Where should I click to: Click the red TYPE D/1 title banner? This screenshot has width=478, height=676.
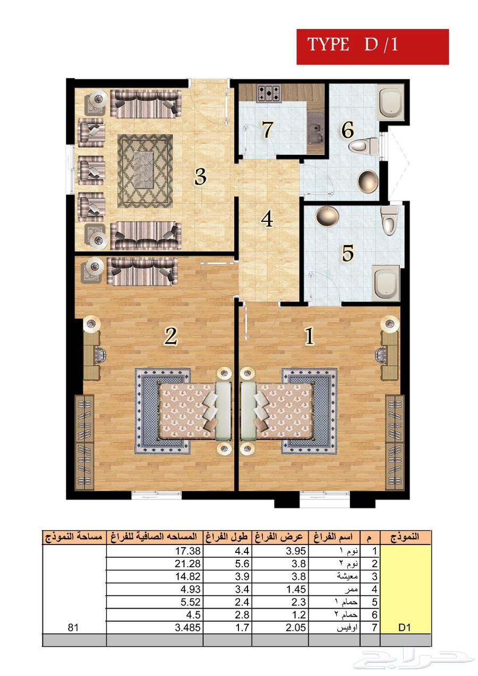click(372, 47)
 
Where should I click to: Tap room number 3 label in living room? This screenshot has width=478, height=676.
click(200, 177)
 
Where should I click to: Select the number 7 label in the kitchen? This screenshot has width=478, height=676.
click(267, 129)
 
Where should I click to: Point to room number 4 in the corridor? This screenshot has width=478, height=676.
click(267, 219)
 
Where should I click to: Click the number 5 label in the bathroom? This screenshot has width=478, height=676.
click(347, 254)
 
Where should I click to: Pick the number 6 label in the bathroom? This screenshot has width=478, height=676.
click(348, 130)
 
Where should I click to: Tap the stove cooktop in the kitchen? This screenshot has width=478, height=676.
click(270, 94)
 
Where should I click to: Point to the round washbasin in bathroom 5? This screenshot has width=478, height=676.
click(327, 215)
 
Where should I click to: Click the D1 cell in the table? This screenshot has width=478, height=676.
click(405, 627)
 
